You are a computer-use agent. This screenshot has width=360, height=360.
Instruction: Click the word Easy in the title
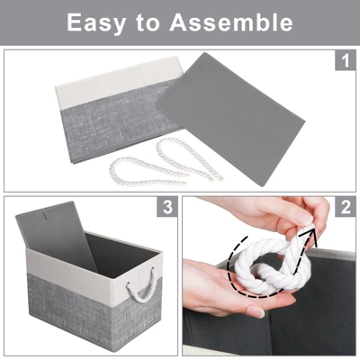coord(96,22)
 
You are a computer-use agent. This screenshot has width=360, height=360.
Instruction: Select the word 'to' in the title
coord(148,22)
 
